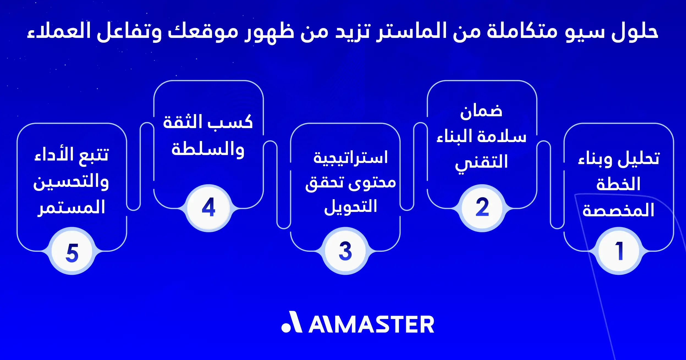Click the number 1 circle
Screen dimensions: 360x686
pyautogui.click(x=619, y=251)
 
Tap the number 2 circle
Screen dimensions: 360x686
pyautogui.click(x=482, y=207)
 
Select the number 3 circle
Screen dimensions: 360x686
pyautogui.click(x=345, y=251)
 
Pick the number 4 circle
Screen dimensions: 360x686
pyautogui.click(x=208, y=207)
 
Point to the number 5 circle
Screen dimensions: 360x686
pyautogui.click(x=72, y=252)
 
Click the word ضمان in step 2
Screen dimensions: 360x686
pyautogui.click(x=481, y=111)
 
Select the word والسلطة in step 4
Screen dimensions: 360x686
pyautogui.click(x=208, y=150)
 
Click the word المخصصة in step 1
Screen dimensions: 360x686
pyautogui.click(x=618, y=210)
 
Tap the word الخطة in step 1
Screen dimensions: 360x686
pyautogui.click(x=618, y=184)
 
